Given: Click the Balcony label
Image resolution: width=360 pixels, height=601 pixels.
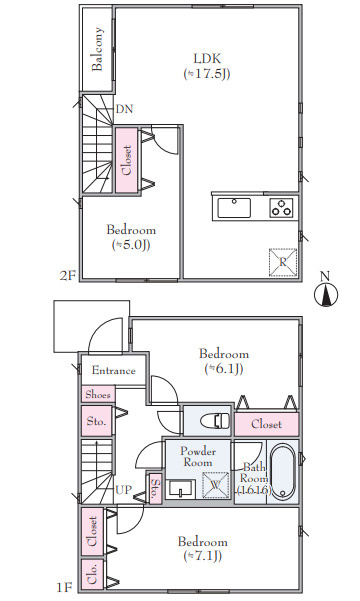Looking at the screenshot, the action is click(97, 49).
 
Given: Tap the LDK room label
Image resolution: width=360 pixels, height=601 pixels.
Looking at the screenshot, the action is click(207, 59).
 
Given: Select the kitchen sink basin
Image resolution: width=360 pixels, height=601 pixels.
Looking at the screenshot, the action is click(234, 208).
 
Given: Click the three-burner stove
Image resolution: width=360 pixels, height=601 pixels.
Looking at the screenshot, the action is click(281, 208).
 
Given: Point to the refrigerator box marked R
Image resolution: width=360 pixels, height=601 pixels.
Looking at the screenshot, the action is click(283, 262).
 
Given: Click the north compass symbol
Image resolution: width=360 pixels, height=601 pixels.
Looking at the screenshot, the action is click(326, 291).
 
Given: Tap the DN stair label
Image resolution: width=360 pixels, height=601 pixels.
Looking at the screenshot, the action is click(125, 109).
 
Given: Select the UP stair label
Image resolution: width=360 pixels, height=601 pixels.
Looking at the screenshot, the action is click(123, 490).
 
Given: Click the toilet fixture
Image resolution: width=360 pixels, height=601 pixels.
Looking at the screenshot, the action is click(215, 420).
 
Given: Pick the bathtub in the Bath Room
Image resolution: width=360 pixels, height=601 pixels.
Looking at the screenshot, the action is click(284, 471).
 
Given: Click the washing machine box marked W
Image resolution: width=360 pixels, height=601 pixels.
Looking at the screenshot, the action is click(215, 485).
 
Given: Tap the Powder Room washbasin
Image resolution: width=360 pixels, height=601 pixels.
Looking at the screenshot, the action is click(181, 489).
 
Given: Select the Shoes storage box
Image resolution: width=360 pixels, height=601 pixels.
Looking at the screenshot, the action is click(98, 394).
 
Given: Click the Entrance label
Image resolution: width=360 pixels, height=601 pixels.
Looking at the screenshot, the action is click(113, 371).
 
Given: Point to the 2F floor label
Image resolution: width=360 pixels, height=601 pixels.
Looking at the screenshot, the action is click(68, 276).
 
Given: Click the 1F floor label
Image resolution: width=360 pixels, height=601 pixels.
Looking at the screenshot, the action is click(64, 588).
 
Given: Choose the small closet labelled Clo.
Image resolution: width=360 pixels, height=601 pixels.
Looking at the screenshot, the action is click(92, 574).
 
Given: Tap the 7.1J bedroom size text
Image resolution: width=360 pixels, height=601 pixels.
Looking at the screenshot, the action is click(203, 555).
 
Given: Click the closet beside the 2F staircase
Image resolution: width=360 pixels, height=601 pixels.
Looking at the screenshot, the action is click(127, 160).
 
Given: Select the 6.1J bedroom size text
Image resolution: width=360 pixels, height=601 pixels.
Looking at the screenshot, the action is click(224, 368).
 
